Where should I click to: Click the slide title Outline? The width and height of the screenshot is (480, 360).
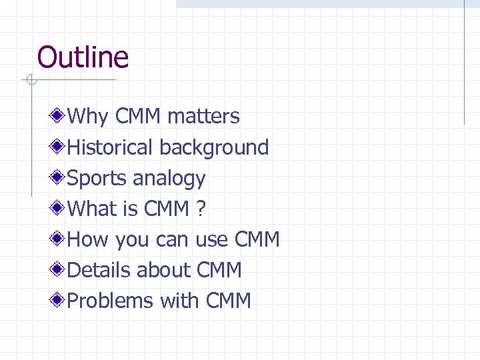click(x=83, y=57)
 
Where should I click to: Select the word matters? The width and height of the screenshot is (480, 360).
click(x=203, y=117)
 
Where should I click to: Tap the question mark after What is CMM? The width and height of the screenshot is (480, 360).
click(x=201, y=209)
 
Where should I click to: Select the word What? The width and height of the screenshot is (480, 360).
click(x=93, y=209)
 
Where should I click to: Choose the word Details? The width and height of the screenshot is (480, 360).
click(x=99, y=270)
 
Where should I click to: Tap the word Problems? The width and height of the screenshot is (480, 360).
click(x=110, y=301)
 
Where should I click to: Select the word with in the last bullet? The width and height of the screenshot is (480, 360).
click(x=180, y=301)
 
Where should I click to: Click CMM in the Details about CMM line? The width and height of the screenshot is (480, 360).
click(x=219, y=270)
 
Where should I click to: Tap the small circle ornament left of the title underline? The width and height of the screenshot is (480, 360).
click(x=29, y=81)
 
